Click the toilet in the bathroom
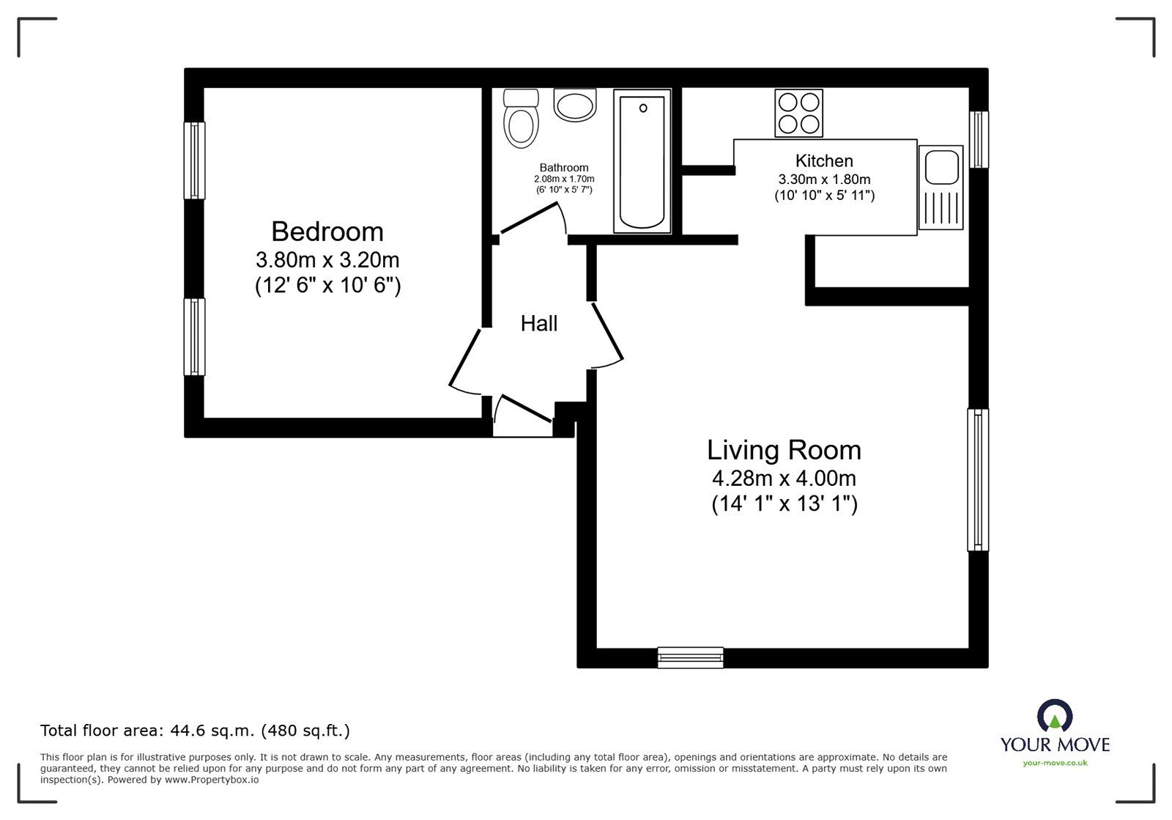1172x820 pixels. (x=521, y=121)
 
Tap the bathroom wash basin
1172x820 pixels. (x=576, y=106)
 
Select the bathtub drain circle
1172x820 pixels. (x=643, y=108)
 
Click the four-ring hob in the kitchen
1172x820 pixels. (x=798, y=114)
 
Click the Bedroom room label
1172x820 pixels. (x=327, y=232)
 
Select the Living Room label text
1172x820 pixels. (x=784, y=450)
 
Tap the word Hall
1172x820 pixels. (x=539, y=323)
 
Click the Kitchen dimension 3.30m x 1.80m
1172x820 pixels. (x=824, y=180)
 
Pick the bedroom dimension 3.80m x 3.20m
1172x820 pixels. (x=327, y=260)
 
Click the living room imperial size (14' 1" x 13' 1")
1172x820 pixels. (x=784, y=504)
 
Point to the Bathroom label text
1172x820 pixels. (x=564, y=168)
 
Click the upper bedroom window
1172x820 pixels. (x=194, y=160)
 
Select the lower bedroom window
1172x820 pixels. (x=194, y=336)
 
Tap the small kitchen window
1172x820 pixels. (x=978, y=139)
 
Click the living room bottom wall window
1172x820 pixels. (x=690, y=657)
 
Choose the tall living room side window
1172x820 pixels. (x=978, y=479)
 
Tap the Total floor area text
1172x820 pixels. (x=195, y=731)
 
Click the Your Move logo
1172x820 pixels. (x=1055, y=733)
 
